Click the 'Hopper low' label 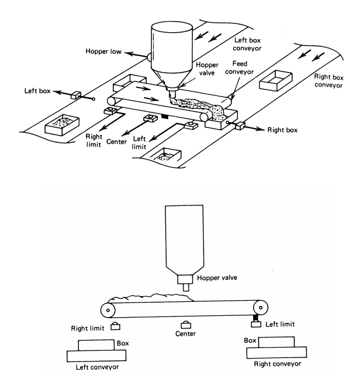coord(103,51)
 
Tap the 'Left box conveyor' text coord(247,44)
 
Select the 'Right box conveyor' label coord(328,81)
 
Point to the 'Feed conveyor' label coord(240,68)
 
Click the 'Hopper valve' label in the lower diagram coord(217,277)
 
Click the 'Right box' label coord(282,130)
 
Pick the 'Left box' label coord(37,91)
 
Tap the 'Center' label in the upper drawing coord(116,142)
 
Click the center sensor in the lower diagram coord(186,325)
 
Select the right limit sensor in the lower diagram coord(115,326)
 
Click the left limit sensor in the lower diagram coord(256,324)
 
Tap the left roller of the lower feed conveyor coord(108,310)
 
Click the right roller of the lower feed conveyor coord(261,307)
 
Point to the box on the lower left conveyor coord(96,345)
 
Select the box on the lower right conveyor coord(276,342)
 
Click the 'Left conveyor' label coord(98,367)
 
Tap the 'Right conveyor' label coord(278,364)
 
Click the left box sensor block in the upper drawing coord(76,95)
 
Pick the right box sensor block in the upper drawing coord(240,126)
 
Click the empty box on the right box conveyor coord(276,81)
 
